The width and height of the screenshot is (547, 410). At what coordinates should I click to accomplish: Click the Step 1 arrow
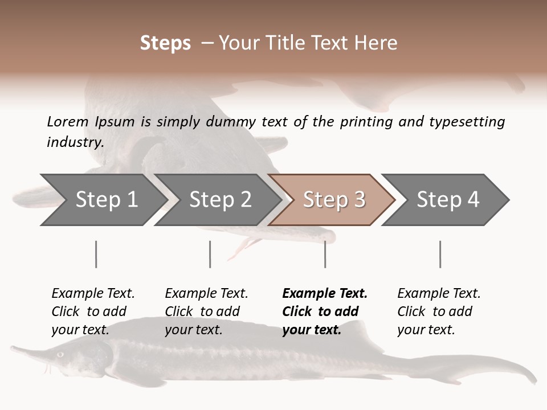point(105,199)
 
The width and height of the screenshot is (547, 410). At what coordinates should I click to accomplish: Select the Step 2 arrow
point(219,199)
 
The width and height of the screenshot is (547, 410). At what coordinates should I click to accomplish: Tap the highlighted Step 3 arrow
point(333,199)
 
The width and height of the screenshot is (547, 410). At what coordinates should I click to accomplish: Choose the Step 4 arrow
point(447,199)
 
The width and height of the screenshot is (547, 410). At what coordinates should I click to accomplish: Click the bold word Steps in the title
point(165,43)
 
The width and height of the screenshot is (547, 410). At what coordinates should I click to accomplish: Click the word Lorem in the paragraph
point(67,122)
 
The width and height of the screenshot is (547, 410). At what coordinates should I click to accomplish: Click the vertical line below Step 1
point(96,254)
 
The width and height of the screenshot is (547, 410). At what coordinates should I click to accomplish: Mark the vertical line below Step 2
point(210,254)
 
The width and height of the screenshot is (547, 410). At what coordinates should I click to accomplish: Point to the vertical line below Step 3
point(325,254)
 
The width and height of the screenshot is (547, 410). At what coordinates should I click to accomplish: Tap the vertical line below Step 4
point(440,254)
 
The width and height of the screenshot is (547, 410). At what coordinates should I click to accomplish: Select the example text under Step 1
point(93,311)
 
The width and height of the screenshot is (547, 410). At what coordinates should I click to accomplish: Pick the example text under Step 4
point(439,311)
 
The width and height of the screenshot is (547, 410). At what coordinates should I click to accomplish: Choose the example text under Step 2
point(206,311)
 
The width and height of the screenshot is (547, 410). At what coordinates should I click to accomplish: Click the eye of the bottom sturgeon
point(60,354)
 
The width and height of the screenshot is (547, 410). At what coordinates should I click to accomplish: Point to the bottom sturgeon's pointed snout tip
point(13,347)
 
